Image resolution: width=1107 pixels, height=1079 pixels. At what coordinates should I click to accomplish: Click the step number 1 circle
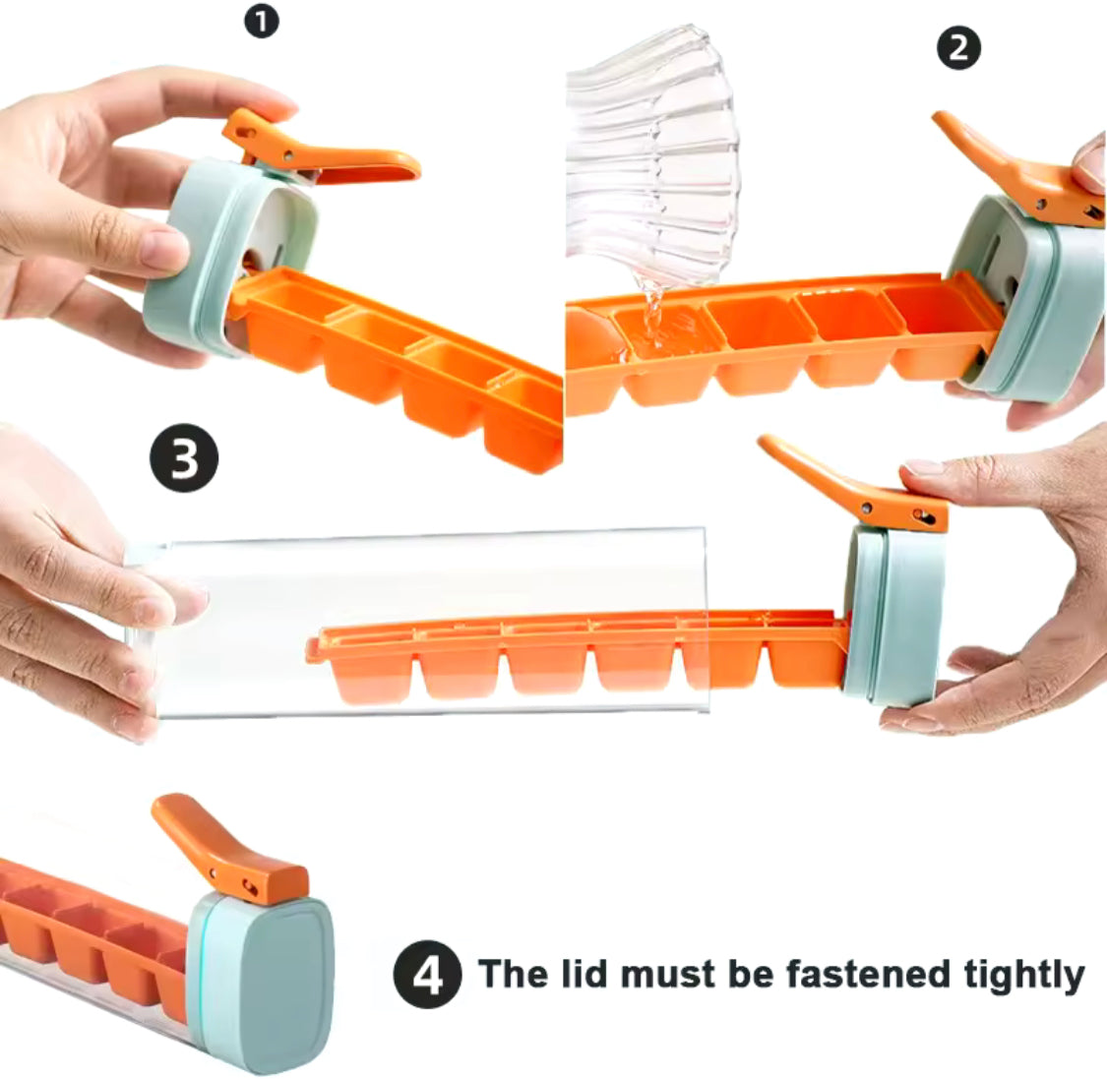click(262, 22)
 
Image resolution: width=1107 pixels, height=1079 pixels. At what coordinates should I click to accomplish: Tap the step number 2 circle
click(958, 48)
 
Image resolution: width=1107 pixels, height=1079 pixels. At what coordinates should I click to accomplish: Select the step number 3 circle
click(184, 458)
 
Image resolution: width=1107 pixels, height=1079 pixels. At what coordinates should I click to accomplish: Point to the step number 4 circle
click(427, 975)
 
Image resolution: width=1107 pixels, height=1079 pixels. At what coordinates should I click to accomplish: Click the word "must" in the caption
click(667, 975)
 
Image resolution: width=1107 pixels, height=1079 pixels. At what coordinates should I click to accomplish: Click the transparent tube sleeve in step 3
click(416, 625)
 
